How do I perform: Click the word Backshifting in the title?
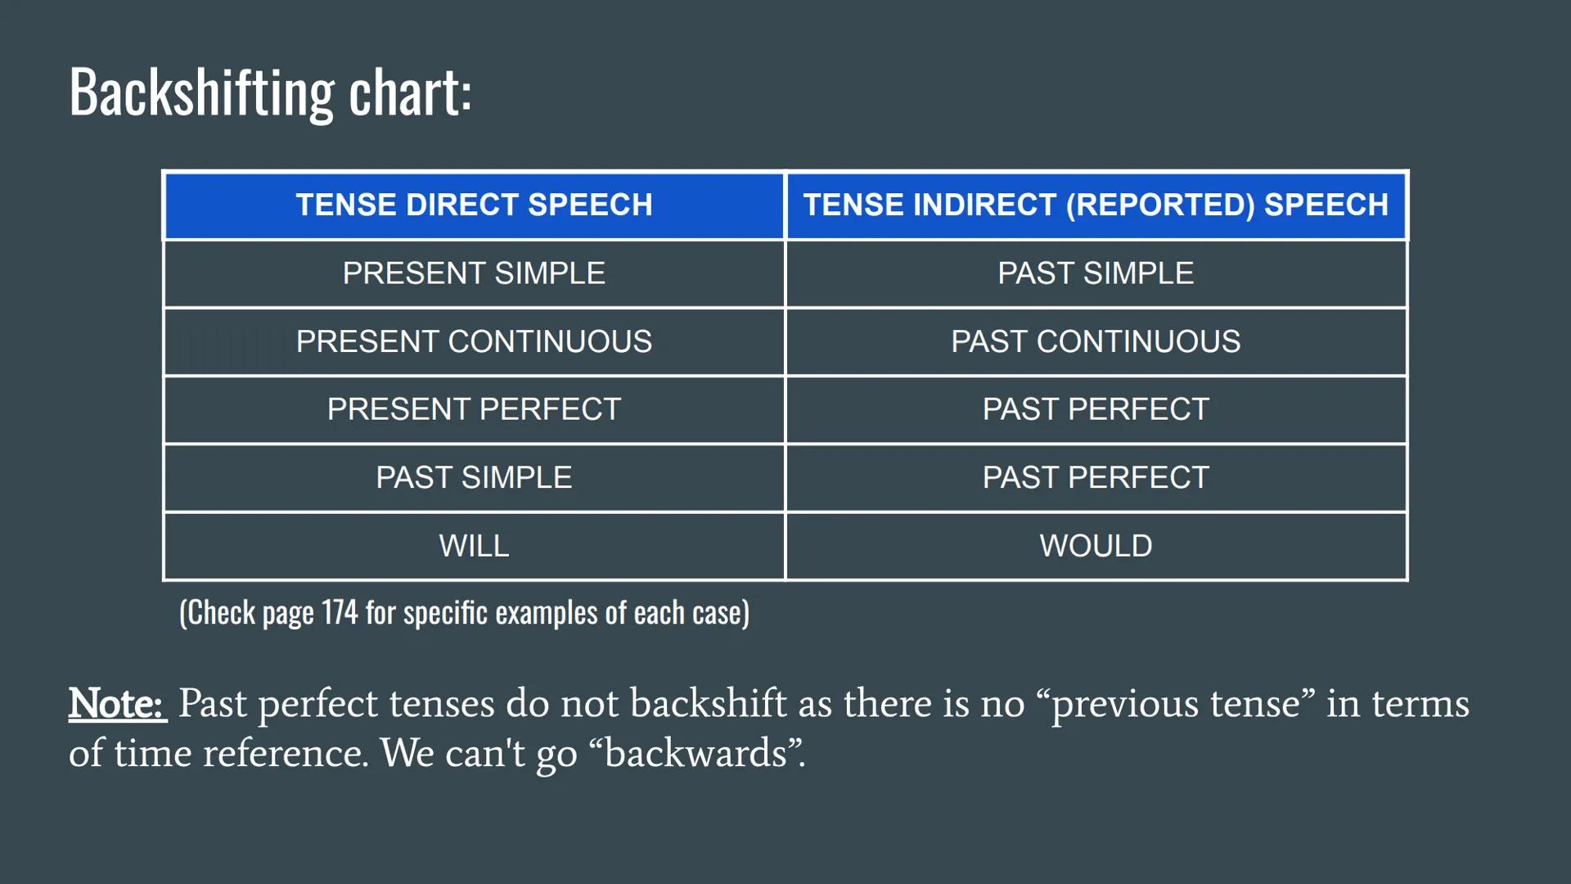[201, 92]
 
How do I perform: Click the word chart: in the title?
[410, 92]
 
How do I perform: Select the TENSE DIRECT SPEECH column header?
[474, 205]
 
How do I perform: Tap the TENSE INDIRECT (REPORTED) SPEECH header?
[1096, 205]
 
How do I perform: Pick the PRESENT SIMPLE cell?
[474, 273]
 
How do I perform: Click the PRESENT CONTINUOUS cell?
[474, 341]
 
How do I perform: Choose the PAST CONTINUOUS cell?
[1096, 341]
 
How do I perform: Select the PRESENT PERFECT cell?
[474, 409]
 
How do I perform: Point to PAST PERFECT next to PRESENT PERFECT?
[1096, 409]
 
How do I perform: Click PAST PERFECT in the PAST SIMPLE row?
[1096, 477]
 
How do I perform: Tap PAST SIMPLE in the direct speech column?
[474, 477]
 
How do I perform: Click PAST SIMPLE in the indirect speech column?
[1096, 273]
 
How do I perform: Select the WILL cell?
[474, 546]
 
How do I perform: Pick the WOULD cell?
[1096, 546]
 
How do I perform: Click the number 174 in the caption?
[340, 612]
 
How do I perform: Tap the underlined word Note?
[117, 703]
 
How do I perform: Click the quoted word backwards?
[695, 753]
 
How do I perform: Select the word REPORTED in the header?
[1160, 205]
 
